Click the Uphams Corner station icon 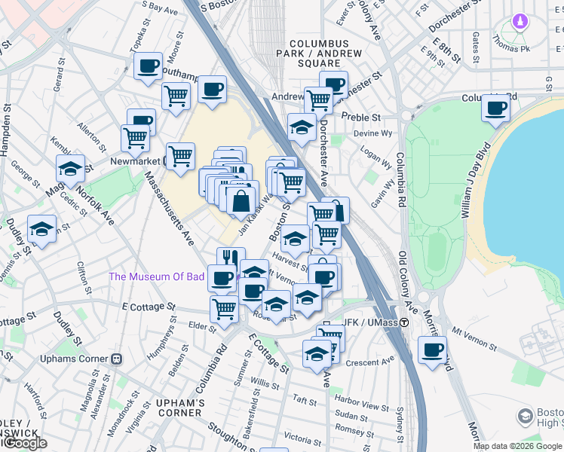pyautogui.click(x=116, y=359)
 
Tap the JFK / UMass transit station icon pyautogui.click(x=404, y=322)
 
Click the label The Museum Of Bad pyautogui.click(x=157, y=276)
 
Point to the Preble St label pyautogui.click(x=360, y=118)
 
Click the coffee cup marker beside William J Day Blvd pyautogui.click(x=495, y=108)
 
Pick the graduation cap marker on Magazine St pyautogui.click(x=70, y=169)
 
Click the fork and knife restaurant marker pyautogui.click(x=231, y=258)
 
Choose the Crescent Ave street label pyautogui.click(x=370, y=362)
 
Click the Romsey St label pyautogui.click(x=351, y=428)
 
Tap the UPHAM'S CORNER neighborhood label pyautogui.click(x=180, y=408)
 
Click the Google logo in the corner pyautogui.click(x=25, y=443)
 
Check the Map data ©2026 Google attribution pyautogui.click(x=517, y=446)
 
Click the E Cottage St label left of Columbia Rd pyautogui.click(x=149, y=307)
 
